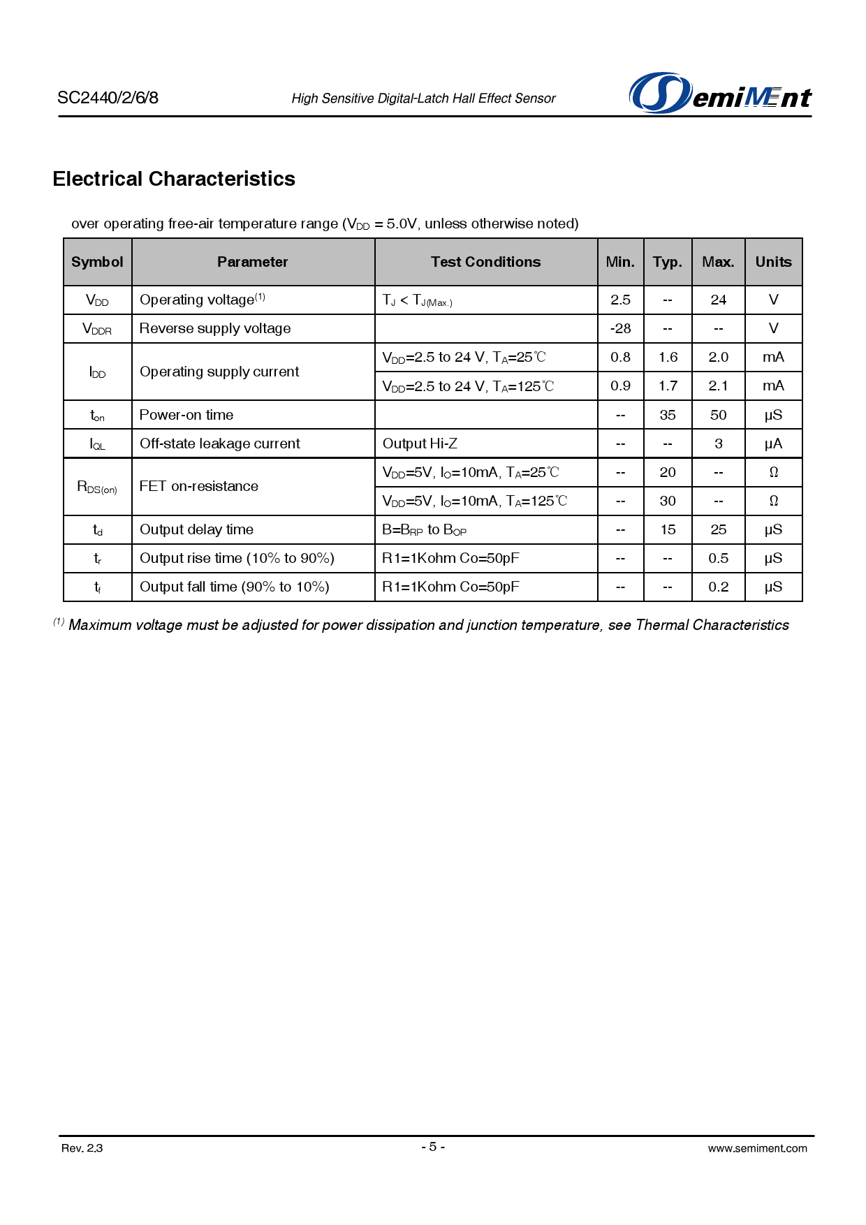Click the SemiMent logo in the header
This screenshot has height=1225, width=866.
720,94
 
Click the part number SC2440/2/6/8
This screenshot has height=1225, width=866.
108,98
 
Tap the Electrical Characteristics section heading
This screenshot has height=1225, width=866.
174,179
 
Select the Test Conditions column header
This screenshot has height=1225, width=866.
485,262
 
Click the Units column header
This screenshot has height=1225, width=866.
773,262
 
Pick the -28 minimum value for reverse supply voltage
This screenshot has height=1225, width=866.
620,328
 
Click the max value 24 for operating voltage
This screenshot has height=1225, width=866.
718,300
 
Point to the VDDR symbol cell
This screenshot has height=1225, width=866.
97,329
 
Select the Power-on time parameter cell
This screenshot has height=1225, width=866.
186,415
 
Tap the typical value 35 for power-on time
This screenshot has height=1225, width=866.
668,415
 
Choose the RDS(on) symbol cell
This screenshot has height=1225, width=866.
97,487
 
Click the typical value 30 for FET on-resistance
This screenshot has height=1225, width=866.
668,501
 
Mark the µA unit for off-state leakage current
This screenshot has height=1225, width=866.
773,443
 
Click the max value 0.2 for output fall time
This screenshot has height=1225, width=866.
718,587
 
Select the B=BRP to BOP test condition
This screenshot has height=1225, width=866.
424,530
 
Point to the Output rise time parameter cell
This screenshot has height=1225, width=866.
237,558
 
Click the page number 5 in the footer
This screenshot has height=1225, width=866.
433,1146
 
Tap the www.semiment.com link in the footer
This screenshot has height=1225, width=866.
757,1148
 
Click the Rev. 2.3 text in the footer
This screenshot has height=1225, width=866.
82,1148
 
